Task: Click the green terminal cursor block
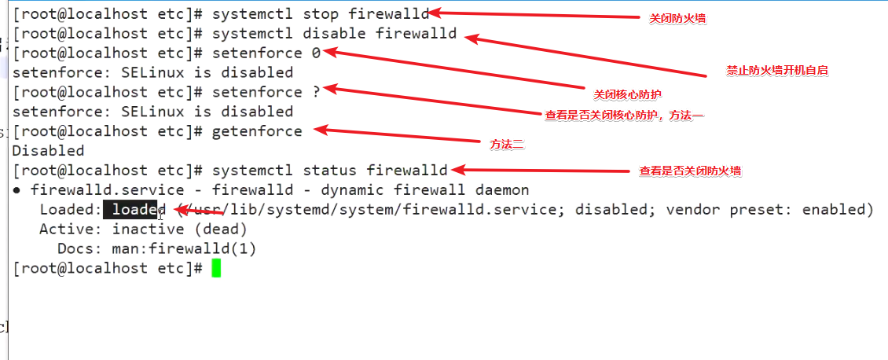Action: [x=216, y=268]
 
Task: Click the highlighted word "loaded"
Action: [x=134, y=210]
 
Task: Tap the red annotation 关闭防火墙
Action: [x=677, y=18]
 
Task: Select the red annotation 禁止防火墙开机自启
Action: [x=777, y=70]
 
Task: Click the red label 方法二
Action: [x=506, y=145]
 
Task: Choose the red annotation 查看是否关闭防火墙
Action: [x=690, y=171]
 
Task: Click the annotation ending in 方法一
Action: [x=624, y=116]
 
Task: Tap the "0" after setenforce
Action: [x=316, y=53]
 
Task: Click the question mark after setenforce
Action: [x=316, y=92]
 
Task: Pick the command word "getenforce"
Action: [x=257, y=131]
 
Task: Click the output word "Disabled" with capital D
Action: [x=49, y=151]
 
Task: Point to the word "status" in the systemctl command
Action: [x=329, y=171]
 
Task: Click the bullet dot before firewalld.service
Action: [x=17, y=190]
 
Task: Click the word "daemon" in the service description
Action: [x=502, y=190]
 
